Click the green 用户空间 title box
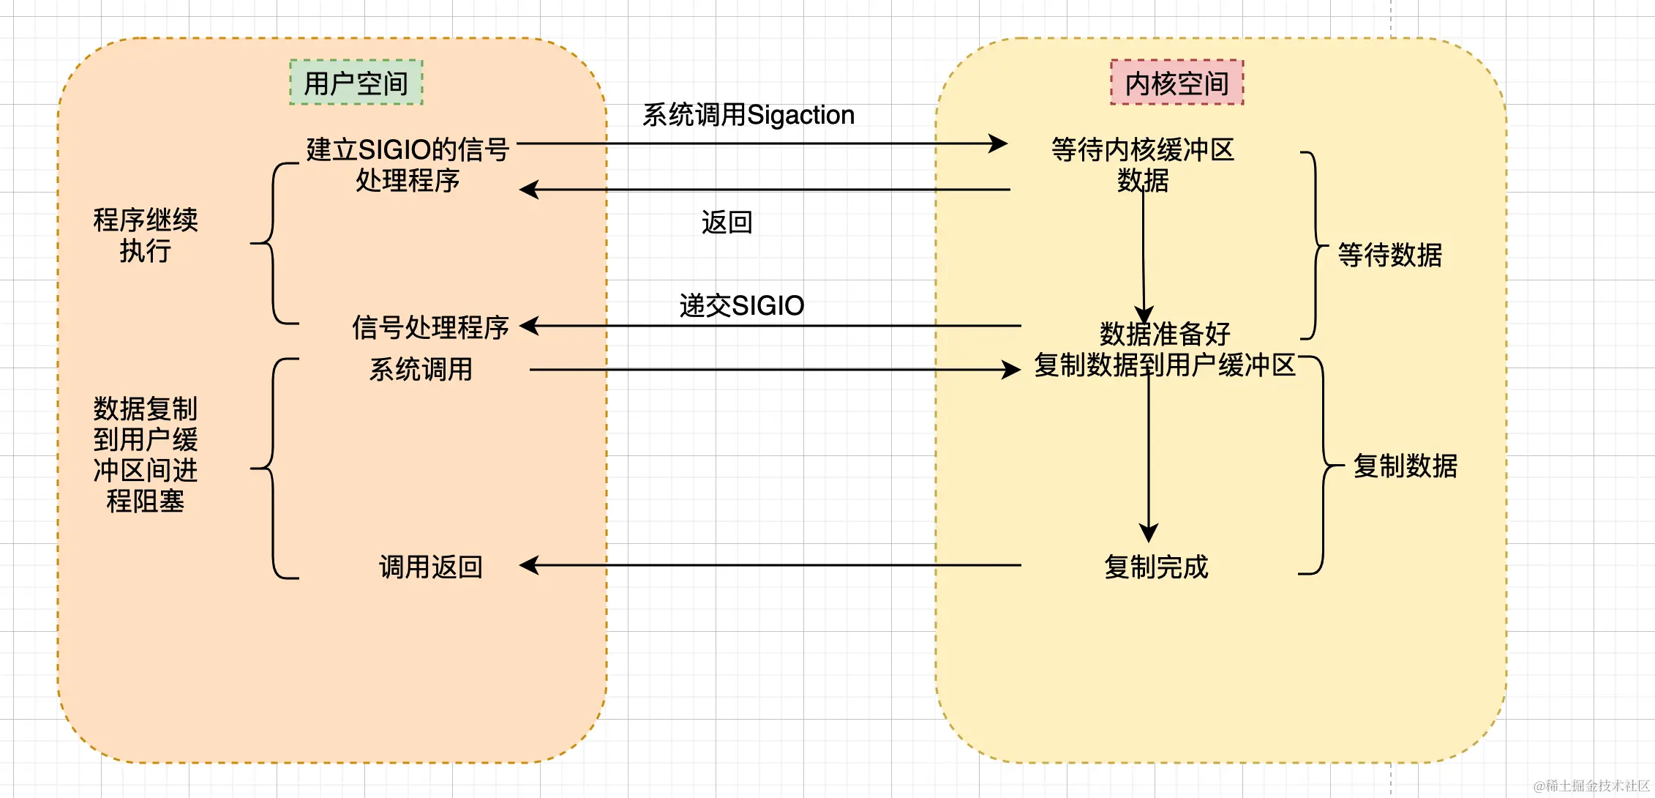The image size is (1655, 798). (356, 83)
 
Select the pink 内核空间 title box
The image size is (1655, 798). (1176, 83)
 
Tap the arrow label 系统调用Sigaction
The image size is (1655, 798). (748, 115)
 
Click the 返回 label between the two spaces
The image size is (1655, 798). (727, 222)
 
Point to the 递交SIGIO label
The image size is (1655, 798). (741, 305)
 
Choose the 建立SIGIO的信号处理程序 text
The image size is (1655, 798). (408, 165)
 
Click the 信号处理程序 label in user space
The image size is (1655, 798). (430, 327)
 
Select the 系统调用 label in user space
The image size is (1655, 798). (421, 369)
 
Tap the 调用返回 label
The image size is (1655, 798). (430, 567)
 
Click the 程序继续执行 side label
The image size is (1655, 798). (145, 235)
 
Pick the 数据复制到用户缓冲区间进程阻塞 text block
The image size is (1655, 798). (145, 455)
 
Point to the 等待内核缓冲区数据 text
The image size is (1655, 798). (1142, 165)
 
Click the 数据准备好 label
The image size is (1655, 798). (1165, 334)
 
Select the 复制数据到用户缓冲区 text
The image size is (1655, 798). (1165, 365)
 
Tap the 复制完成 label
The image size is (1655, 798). (1156, 567)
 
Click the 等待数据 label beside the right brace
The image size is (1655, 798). (1389, 255)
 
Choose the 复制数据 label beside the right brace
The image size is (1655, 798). (1405, 466)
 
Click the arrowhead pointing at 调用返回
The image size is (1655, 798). (528, 565)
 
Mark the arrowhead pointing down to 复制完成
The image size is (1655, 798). (1149, 532)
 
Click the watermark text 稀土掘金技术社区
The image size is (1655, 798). (1592, 786)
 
